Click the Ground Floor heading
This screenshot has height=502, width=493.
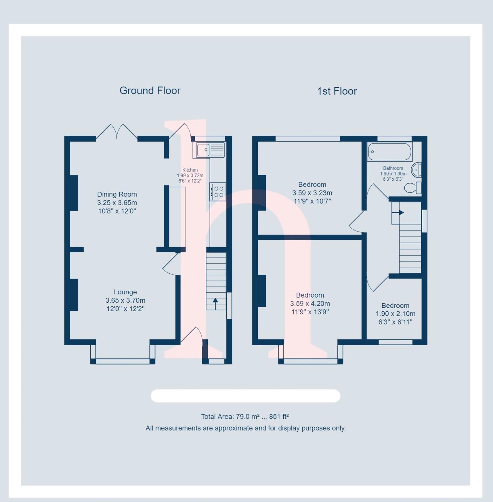pos(150,91)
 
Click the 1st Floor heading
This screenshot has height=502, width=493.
pos(337,91)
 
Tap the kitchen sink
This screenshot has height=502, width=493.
pos(210,150)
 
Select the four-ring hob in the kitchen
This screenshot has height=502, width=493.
pos(218,192)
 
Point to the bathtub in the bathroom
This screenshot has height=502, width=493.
pos(390,152)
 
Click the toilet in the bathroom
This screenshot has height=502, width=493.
pos(413,188)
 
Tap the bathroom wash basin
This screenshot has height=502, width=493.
pos(416,170)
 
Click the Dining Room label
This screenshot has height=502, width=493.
pos(117,194)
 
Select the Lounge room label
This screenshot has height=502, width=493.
pos(125,292)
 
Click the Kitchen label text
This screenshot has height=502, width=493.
pos(190,170)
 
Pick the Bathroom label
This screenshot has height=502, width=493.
pos(393,168)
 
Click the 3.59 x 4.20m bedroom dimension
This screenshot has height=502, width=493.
pos(310,303)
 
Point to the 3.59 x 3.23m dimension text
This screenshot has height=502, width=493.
pos(312,193)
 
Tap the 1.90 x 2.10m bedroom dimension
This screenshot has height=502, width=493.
pos(395,314)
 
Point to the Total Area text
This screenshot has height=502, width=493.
pos(245,417)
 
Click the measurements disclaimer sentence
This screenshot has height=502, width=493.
pos(245,428)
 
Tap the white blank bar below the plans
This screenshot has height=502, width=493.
pos(245,396)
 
